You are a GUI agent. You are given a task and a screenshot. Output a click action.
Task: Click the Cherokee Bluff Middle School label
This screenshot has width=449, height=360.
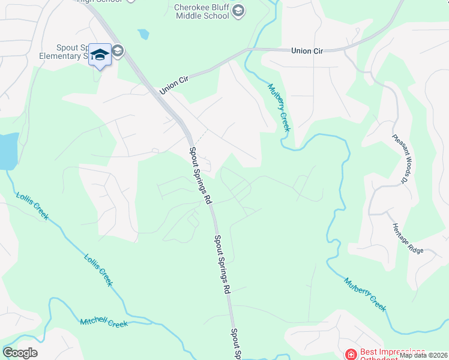click(x=202, y=11)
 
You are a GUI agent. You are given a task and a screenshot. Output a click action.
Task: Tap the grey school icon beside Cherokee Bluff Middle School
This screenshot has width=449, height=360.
click(x=238, y=10)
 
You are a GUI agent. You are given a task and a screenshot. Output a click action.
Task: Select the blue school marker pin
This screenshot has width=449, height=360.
click(x=100, y=55)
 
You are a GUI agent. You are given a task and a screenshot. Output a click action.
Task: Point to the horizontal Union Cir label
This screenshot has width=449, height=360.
click(x=307, y=51)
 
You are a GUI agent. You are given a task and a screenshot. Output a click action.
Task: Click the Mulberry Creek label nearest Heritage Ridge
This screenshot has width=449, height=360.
click(x=364, y=293)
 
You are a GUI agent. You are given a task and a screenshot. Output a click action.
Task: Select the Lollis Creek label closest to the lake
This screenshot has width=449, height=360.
click(x=32, y=205)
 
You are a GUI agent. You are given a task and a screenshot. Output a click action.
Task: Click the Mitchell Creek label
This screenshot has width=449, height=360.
click(x=104, y=323)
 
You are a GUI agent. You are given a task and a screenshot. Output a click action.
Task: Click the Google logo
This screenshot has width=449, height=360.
click(x=20, y=353)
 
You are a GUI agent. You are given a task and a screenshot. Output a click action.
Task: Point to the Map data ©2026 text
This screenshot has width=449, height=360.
click(x=423, y=355)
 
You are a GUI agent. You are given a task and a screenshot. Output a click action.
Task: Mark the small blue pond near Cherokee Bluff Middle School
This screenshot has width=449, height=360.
click(x=143, y=34)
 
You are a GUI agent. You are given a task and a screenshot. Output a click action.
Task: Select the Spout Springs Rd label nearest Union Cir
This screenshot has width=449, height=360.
click(x=200, y=174)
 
